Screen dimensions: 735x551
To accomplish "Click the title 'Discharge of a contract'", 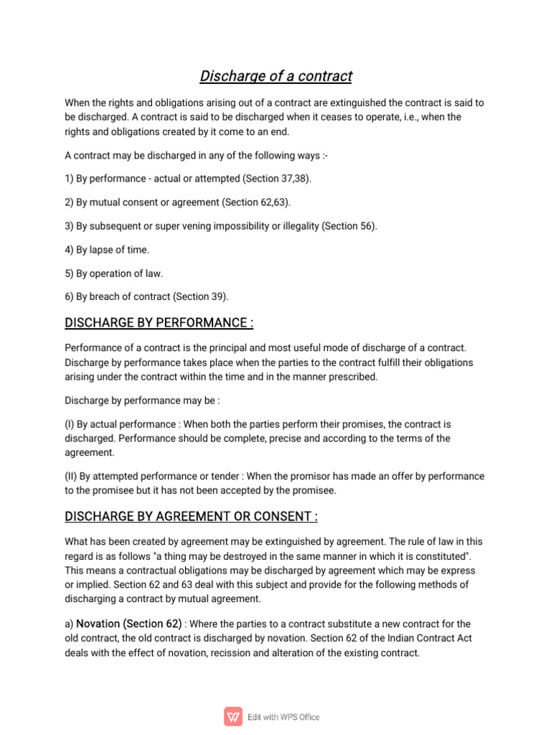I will [275, 76].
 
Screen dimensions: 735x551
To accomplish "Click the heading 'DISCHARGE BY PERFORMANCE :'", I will [159, 322].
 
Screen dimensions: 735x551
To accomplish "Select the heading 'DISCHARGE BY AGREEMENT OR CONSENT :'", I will [191, 517].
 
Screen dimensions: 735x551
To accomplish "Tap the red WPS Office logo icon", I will [233, 716].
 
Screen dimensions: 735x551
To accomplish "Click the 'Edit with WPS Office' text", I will [284, 717].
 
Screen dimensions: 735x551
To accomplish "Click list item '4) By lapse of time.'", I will [107, 250].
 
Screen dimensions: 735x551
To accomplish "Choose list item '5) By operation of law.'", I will [113, 273].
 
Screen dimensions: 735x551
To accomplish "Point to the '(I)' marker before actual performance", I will [69, 424].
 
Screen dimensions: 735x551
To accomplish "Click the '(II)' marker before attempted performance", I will [70, 477].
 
